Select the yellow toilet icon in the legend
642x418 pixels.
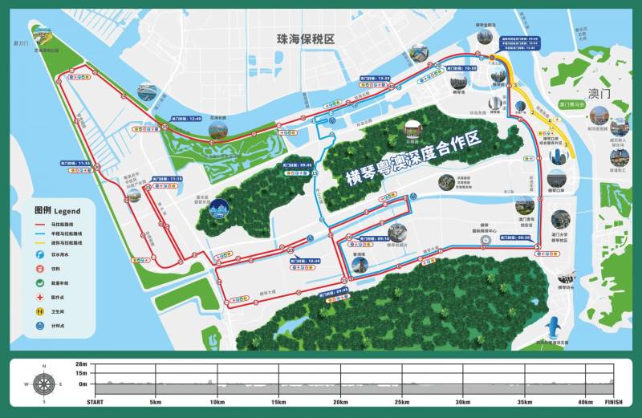39,311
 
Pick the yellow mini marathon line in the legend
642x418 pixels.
39,240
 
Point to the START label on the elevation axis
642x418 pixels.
95,402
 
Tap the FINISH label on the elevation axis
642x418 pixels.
613,402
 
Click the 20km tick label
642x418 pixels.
340,402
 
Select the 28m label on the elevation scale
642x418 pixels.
81,364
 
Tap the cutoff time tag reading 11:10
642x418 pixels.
170,179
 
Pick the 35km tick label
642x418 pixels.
525,402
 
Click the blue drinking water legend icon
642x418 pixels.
39,254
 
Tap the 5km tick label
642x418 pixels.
155,402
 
